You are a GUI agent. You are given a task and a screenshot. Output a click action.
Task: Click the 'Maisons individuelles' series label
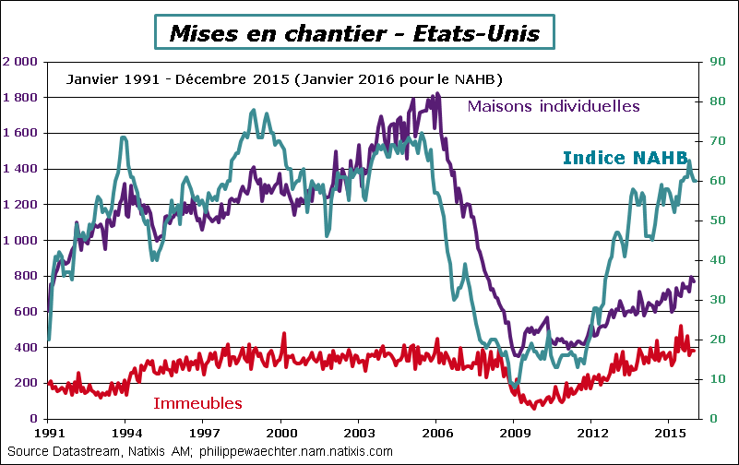click(554, 106)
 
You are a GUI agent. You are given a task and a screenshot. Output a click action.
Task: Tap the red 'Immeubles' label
click(197, 403)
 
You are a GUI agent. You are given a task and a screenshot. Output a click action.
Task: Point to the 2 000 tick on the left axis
click(20, 62)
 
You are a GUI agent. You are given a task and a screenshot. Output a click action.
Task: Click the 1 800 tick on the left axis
click(20, 98)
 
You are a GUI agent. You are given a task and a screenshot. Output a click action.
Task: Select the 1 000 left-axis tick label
click(20, 241)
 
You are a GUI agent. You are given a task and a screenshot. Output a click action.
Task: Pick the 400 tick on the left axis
click(26, 348)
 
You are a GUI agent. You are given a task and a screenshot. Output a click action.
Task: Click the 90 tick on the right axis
click(708, 62)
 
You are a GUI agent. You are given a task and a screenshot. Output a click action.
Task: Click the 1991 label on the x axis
click(48, 432)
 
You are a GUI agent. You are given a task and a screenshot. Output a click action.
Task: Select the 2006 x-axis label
click(436, 432)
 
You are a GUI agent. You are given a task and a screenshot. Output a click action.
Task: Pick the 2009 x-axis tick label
click(514, 432)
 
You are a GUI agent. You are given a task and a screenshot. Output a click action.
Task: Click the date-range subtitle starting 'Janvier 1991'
click(284, 78)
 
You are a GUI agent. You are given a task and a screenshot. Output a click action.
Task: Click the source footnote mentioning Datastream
click(199, 451)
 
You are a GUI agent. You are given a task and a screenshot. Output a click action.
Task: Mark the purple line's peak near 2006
click(437, 93)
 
